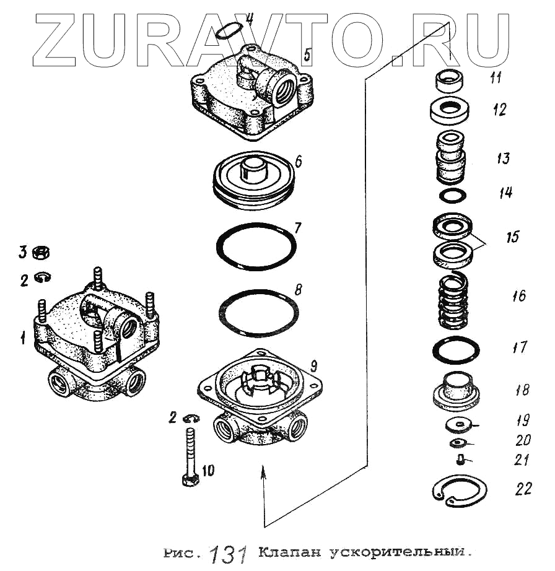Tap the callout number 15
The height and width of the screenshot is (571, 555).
[512, 237]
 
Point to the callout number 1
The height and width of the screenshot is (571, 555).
[23, 338]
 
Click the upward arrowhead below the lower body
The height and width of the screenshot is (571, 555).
[264, 472]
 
